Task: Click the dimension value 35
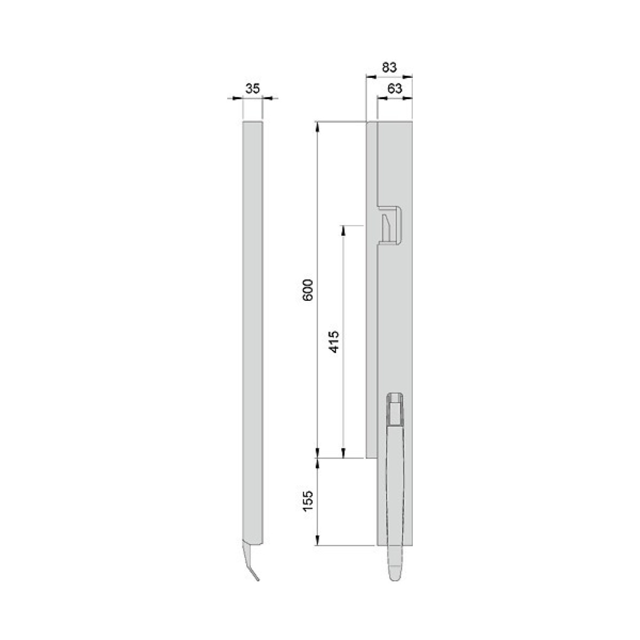(252, 89)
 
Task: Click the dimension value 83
(389, 67)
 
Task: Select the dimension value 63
(395, 89)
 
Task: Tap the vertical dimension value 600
(308, 290)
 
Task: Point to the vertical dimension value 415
(334, 341)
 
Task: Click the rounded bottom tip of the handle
(395, 579)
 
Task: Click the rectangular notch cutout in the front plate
(389, 226)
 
